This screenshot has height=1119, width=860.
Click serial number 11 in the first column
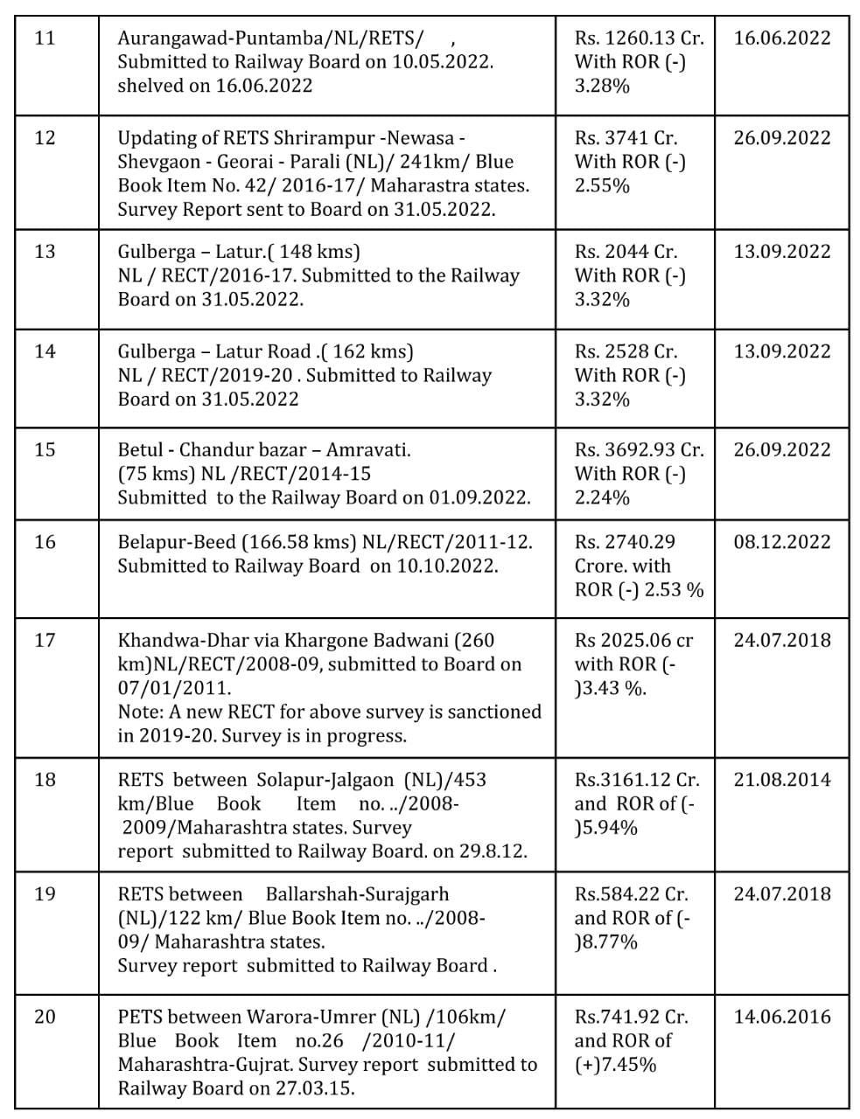44,38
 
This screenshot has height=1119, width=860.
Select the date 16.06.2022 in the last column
781,38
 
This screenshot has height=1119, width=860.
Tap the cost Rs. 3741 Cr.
626,138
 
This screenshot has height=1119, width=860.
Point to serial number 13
44,252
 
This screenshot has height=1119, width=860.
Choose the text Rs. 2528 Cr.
626,351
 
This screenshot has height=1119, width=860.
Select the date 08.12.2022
781,542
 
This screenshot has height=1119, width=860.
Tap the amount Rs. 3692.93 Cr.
639,450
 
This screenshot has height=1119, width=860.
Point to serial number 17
44,641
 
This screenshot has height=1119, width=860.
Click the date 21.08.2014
781,780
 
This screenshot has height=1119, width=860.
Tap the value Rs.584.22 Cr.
631,894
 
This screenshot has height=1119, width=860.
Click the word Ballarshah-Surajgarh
356,894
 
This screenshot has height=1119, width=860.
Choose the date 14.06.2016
781,1018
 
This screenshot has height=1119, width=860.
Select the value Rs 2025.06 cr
633,641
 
